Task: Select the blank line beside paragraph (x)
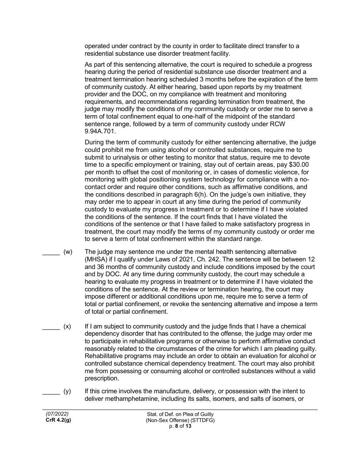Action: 51,327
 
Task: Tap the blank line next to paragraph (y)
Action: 51,391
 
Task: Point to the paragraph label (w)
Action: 68,252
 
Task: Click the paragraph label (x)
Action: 67,326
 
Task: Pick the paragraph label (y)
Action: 67,391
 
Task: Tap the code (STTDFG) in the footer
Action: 201,420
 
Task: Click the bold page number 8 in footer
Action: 176,426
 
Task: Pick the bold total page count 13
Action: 188,426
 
